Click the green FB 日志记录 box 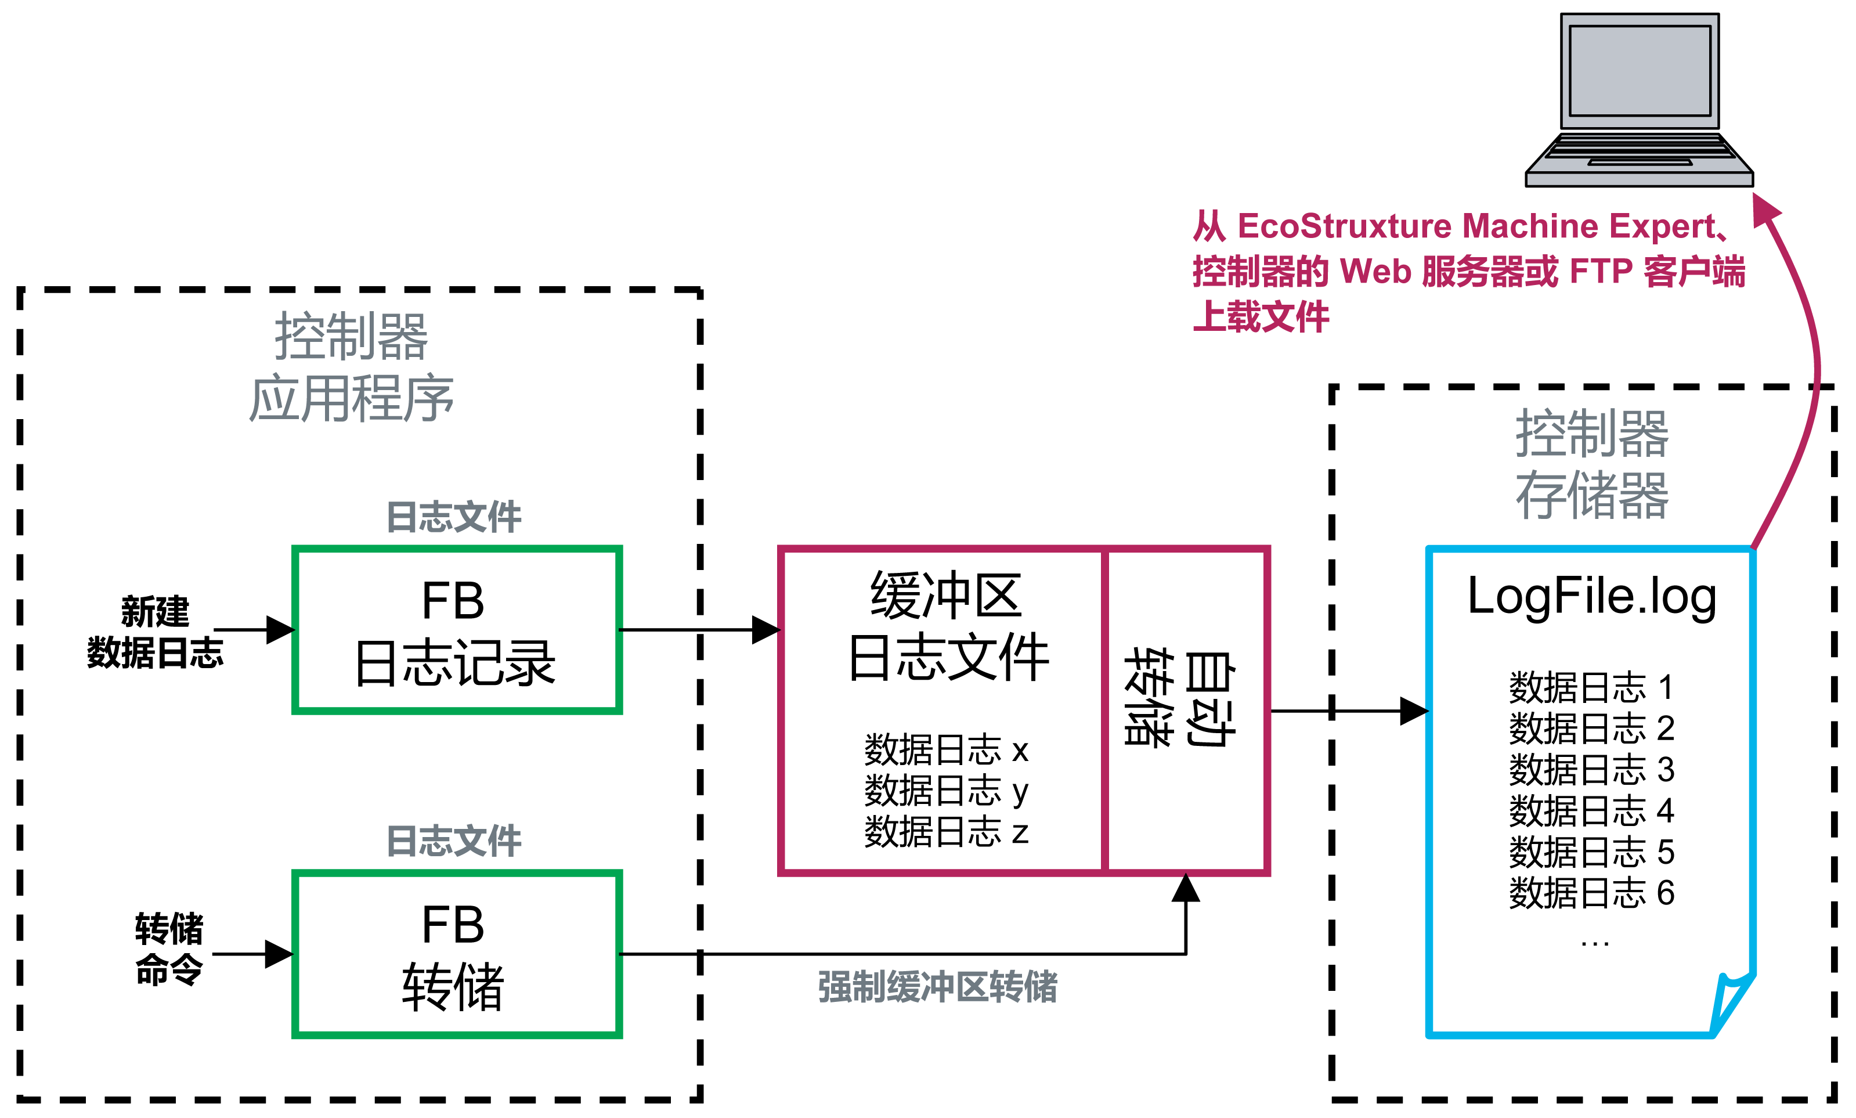pyautogui.click(x=457, y=630)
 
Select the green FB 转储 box pyautogui.click(x=457, y=954)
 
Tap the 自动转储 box pyautogui.click(x=1186, y=710)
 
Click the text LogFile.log pyautogui.click(x=1591, y=597)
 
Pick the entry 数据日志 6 pyautogui.click(x=1591, y=893)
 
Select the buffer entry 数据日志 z pyautogui.click(x=946, y=832)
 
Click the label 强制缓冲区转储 pyautogui.click(x=937, y=987)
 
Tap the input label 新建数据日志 pyautogui.click(x=155, y=632)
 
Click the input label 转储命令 pyautogui.click(x=169, y=949)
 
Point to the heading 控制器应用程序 pyautogui.click(x=351, y=367)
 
